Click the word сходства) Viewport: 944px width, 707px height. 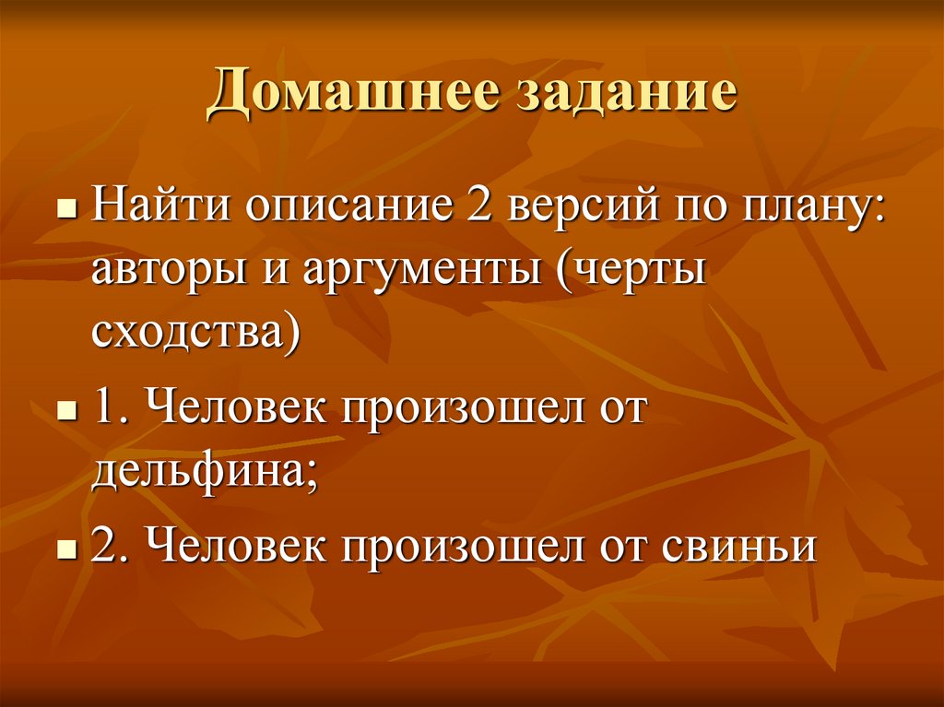[x=195, y=331]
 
